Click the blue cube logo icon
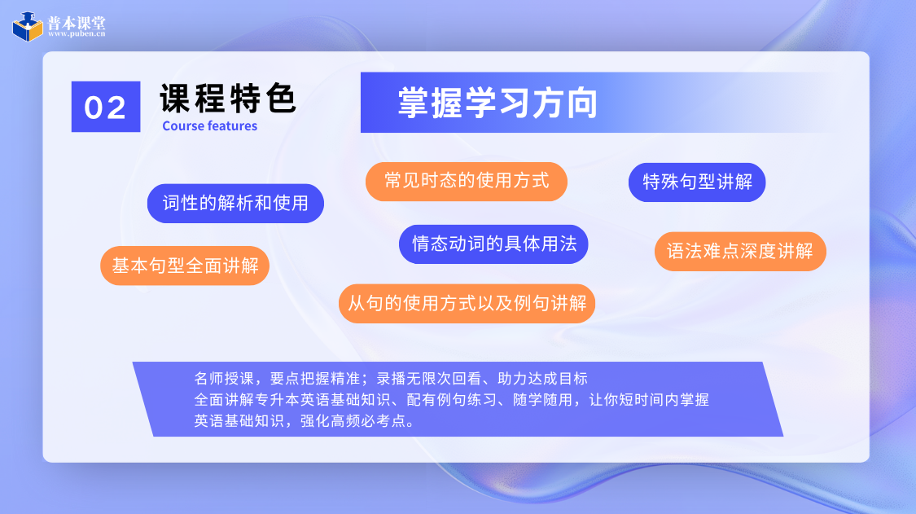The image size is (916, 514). [x=28, y=26]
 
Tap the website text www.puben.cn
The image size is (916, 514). [x=77, y=34]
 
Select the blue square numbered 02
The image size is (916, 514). [x=106, y=107]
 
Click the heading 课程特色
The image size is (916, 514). [x=228, y=98]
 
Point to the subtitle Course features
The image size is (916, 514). [x=210, y=125]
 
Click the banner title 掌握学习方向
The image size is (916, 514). [x=497, y=103]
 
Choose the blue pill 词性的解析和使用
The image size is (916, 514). [x=235, y=204]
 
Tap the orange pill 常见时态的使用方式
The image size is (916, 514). [x=467, y=182]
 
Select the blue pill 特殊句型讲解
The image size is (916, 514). [x=697, y=182]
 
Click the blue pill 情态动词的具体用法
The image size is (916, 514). [x=493, y=244]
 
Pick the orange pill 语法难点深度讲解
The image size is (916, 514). [x=740, y=252]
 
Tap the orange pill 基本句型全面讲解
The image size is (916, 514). [x=185, y=266]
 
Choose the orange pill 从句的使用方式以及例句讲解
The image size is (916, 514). [x=467, y=304]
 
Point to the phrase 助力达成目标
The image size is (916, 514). [x=543, y=378]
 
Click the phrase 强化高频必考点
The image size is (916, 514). [x=353, y=420]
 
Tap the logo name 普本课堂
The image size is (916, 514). [x=77, y=22]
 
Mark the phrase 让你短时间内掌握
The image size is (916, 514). [x=649, y=399]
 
